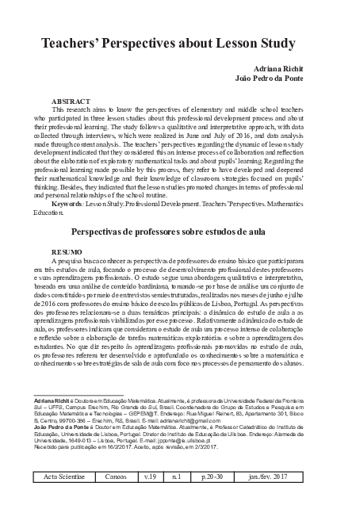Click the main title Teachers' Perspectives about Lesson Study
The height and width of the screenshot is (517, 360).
179,42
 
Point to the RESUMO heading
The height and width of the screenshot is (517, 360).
65,251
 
